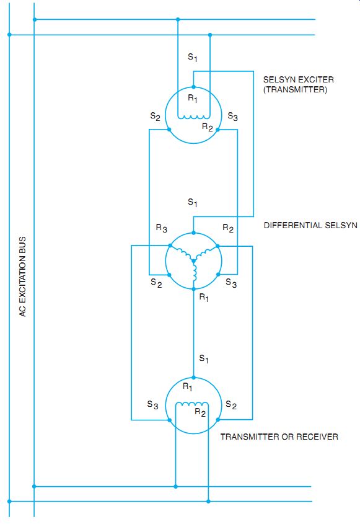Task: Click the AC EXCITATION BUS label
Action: click(22, 277)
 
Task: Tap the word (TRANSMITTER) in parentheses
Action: click(295, 89)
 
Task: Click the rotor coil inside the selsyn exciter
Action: click(194, 117)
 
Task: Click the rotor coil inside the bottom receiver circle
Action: click(192, 405)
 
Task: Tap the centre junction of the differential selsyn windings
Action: click(193, 260)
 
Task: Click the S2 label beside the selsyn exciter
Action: click(156, 117)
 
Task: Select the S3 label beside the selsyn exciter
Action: click(233, 117)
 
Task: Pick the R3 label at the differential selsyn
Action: click(161, 228)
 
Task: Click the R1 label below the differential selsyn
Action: click(204, 297)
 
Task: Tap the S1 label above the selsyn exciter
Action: click(193, 58)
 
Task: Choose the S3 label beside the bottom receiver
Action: click(152, 405)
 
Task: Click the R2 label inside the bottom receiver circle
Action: click(200, 412)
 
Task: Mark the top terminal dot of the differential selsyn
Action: click(193, 233)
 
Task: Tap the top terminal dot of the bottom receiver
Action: click(194, 378)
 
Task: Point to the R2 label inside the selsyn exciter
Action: click(208, 127)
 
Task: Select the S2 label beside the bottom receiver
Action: click(231, 405)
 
